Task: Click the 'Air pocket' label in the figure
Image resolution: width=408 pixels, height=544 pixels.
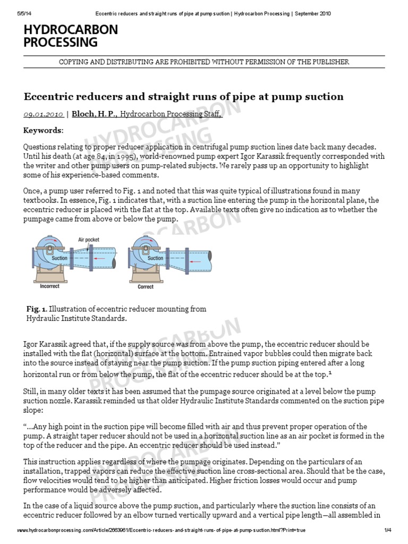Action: [89, 240]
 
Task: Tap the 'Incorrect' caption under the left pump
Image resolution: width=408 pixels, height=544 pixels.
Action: [50, 286]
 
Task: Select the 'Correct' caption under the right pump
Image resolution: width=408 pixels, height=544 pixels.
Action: [145, 287]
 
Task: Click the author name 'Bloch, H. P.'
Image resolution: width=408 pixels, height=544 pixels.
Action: [90, 114]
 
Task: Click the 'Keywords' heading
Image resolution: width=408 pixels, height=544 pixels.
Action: [43, 131]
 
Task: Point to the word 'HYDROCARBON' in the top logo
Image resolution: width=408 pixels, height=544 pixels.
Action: [71, 30]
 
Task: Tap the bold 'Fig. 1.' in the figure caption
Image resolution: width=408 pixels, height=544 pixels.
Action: [37, 309]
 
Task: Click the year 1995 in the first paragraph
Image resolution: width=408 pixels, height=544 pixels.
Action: [107, 157]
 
